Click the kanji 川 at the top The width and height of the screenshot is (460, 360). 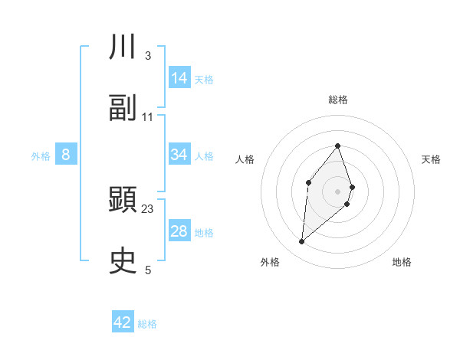click(123, 47)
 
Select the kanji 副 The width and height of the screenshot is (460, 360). click(123, 108)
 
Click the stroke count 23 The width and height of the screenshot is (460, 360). click(148, 208)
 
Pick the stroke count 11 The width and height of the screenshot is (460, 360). click(148, 116)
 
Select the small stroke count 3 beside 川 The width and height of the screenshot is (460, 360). click(148, 56)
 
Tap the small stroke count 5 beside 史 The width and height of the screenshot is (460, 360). click(148, 270)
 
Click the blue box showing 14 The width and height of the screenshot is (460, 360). click(179, 78)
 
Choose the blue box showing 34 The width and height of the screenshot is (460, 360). click(179, 155)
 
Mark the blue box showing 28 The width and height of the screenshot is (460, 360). click(179, 231)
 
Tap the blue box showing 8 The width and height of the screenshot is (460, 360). click(66, 155)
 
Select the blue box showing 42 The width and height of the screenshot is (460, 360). click(123, 322)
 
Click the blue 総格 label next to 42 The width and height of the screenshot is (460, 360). click(148, 324)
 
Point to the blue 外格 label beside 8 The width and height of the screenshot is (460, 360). click(41, 155)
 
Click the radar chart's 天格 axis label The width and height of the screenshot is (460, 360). click(431, 159)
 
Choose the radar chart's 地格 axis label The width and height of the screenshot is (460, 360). click(402, 262)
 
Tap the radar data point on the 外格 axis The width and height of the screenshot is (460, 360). click(301, 242)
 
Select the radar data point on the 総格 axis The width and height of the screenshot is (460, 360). click(337, 146)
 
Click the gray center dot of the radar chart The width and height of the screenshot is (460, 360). click(337, 191)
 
